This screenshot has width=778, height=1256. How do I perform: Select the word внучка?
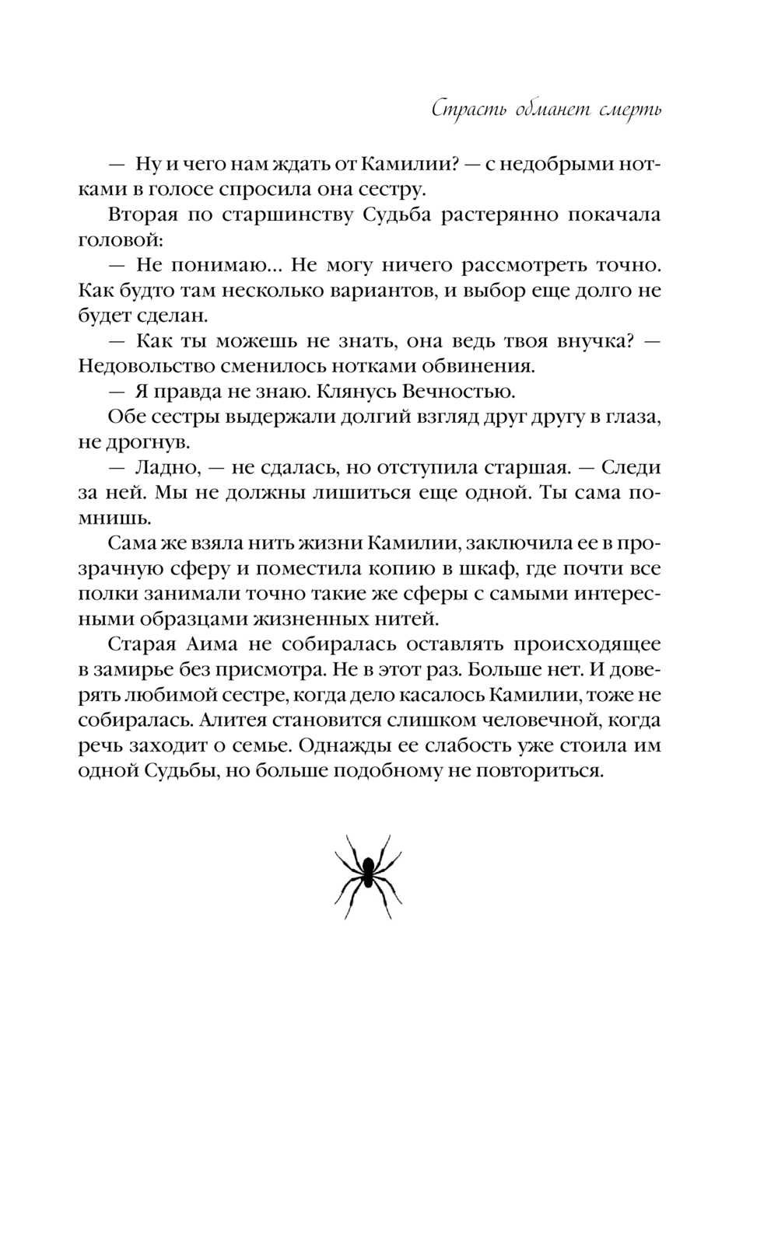coord(583,341)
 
